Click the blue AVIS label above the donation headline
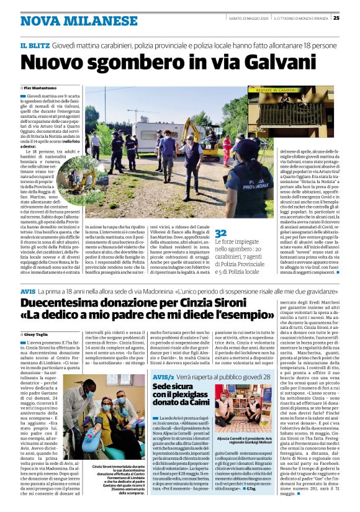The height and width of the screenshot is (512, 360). (x=28, y=290)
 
